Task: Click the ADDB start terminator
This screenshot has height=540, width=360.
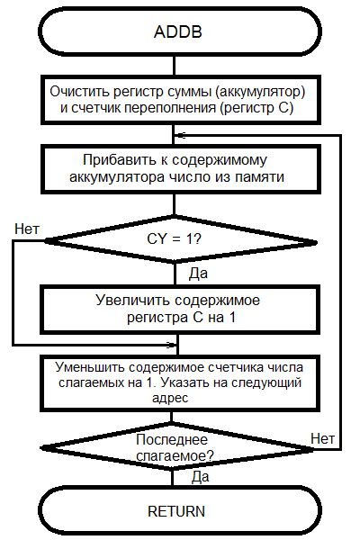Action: [180, 31]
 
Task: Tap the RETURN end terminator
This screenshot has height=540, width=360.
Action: [180, 510]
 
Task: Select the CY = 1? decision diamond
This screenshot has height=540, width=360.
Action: [180, 240]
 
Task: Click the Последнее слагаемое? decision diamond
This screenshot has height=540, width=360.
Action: [177, 447]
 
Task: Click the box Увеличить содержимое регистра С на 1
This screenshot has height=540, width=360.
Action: [180, 310]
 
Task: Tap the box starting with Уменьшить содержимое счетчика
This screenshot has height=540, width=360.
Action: [180, 383]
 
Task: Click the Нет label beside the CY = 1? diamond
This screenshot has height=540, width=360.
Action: [27, 229]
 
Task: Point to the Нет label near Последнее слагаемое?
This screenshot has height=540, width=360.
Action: [323, 439]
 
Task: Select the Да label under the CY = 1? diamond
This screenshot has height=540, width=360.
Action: [198, 274]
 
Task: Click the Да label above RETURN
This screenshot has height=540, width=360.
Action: [201, 477]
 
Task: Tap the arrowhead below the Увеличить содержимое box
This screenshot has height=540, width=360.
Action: [172, 345]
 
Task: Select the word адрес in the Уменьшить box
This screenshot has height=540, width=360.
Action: [170, 398]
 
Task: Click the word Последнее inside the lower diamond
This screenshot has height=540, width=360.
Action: [172, 440]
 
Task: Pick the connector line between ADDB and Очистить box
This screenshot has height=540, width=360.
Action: [174, 66]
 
